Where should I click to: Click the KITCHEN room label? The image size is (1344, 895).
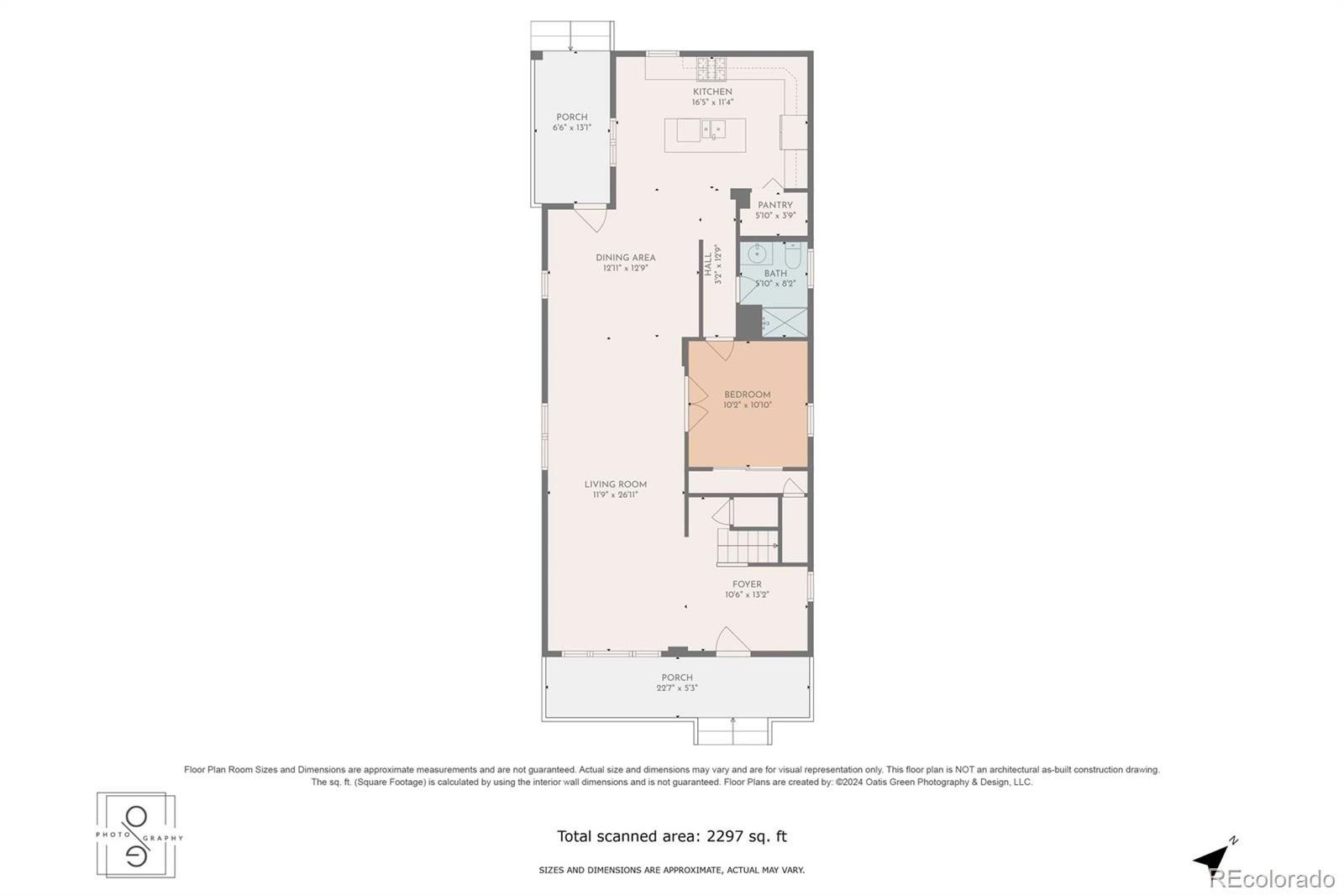[712, 92]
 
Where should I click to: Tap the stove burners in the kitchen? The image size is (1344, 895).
[711, 69]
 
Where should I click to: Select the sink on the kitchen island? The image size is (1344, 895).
[713, 129]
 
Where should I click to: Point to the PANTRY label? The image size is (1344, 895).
[774, 205]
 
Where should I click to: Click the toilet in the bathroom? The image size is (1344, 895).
[793, 255]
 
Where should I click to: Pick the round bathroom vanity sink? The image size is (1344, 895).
[757, 254]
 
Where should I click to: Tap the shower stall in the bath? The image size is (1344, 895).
[785, 322]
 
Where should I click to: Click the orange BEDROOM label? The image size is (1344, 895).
[747, 395]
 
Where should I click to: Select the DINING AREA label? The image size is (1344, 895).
[625, 258]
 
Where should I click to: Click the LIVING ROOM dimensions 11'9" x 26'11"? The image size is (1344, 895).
[615, 495]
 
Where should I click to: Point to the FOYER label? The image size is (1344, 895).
[747, 584]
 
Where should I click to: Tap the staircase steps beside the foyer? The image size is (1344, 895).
[748, 547]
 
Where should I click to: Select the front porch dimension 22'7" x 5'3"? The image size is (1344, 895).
[677, 688]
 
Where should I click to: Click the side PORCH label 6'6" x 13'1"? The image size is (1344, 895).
[572, 123]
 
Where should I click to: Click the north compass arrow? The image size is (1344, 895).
[1213, 858]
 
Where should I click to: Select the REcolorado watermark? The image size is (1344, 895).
[1272, 879]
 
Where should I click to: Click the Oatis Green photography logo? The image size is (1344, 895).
[137, 835]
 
